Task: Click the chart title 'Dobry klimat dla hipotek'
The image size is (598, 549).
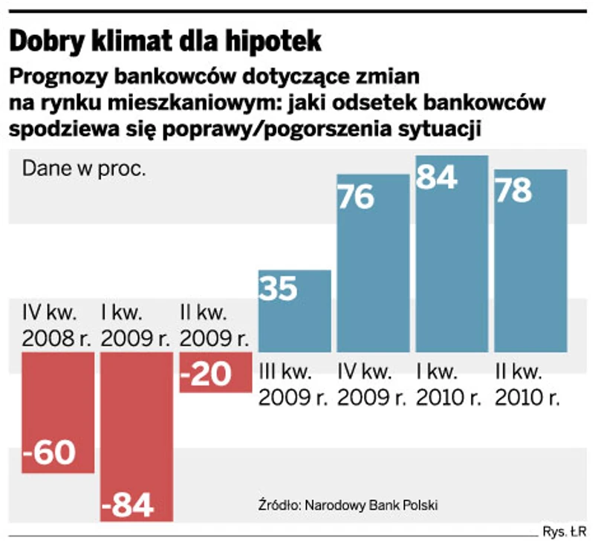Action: point(165,41)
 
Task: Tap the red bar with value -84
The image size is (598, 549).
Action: point(137,436)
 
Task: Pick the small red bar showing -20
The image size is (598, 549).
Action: point(215,371)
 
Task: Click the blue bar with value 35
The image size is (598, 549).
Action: point(294,311)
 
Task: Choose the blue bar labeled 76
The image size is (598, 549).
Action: point(373,263)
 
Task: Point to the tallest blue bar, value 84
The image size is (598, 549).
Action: point(452,253)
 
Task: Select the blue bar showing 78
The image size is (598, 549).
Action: point(530,260)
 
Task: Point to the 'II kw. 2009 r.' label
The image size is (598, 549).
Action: point(214,325)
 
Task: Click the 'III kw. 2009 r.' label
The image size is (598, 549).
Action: point(293,383)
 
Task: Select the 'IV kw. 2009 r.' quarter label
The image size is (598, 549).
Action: point(372,383)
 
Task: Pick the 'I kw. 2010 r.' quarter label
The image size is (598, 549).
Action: point(451,383)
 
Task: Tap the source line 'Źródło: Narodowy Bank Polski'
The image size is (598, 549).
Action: point(346,505)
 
